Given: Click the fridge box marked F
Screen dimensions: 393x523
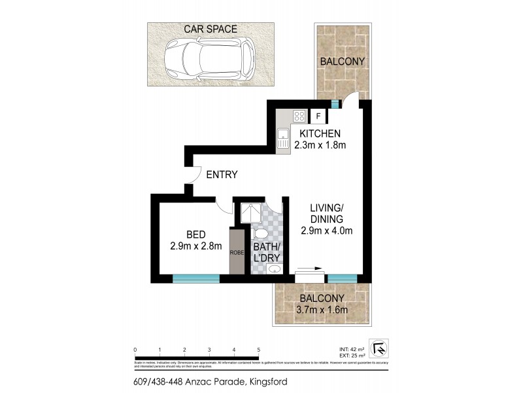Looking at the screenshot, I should (318, 117).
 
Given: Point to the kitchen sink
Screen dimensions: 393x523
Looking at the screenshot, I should (283, 139).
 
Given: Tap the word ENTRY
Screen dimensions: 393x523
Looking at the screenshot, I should (222, 175).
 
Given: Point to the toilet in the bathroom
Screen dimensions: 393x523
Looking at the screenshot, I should (260, 234).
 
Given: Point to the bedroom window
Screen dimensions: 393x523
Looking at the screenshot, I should (195, 278).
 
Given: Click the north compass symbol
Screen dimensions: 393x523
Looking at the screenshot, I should (377, 348).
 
